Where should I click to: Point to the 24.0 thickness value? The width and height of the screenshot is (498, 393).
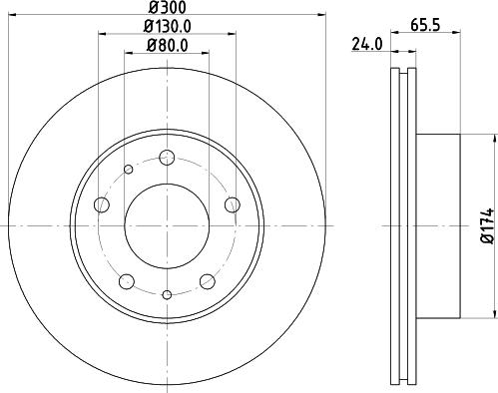tap(368, 43)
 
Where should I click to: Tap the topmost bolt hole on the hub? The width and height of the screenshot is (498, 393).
tap(167, 158)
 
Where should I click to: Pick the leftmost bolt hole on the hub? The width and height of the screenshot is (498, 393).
tap(101, 205)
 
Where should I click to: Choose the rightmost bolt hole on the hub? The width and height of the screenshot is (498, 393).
tap(233, 205)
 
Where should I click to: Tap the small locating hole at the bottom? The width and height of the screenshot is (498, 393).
tap(167, 293)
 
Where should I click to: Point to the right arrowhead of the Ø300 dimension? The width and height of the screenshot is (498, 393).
tap(324, 15)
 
